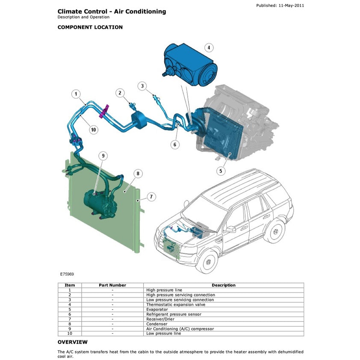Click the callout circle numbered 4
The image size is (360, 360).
tap(209, 47)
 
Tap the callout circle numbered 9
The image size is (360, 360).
tap(103, 156)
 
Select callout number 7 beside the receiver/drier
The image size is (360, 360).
tap(151, 197)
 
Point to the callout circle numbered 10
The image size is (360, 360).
tap(94, 129)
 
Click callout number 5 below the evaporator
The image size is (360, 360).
tap(221, 171)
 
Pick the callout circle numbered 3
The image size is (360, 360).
tap(143, 86)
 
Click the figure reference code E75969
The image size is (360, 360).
tap(67, 272)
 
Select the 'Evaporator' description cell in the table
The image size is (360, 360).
tap(157, 310)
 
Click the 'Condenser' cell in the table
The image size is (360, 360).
tap(157, 324)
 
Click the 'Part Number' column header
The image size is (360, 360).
tap(112, 285)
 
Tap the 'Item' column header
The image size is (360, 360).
tap(70, 285)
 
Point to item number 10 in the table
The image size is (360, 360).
tap(70, 333)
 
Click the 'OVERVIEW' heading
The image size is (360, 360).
tap(73, 342)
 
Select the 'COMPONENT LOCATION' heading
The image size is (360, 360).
tap(90, 27)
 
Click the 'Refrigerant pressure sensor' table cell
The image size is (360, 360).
tap(174, 314)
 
